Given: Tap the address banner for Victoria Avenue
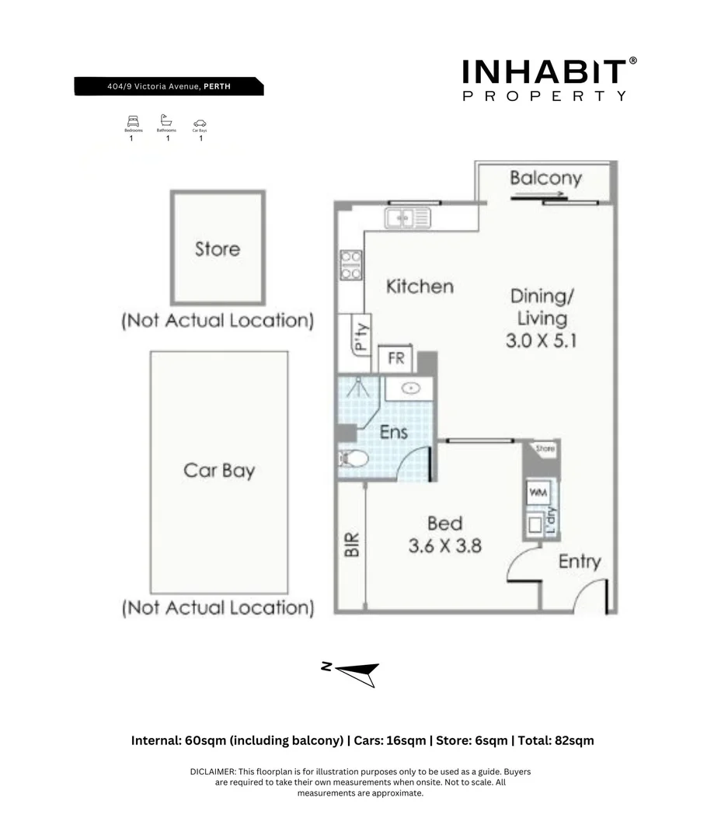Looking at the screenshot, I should [x=169, y=87].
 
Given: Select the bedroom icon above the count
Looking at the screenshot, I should [x=133, y=121].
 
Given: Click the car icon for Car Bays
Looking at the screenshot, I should [x=200, y=123].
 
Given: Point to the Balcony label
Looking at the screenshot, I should [x=545, y=178].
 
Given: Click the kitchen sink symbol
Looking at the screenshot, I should [x=408, y=218].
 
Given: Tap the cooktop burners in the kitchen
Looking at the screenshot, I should [x=351, y=265].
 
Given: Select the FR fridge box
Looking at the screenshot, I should [x=396, y=359].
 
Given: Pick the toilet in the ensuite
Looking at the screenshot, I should [x=354, y=458].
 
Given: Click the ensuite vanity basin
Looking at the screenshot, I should [x=409, y=388].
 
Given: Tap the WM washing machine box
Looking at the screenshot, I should [x=538, y=493].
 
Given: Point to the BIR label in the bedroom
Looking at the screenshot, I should [x=350, y=543].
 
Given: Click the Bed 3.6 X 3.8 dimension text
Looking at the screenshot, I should [x=444, y=545].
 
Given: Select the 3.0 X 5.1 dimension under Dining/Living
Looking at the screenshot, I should [x=541, y=340].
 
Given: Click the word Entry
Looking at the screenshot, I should [x=580, y=562].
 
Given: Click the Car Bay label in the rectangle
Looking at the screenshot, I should [x=219, y=471].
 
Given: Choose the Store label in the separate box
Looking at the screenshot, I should [x=218, y=249].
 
